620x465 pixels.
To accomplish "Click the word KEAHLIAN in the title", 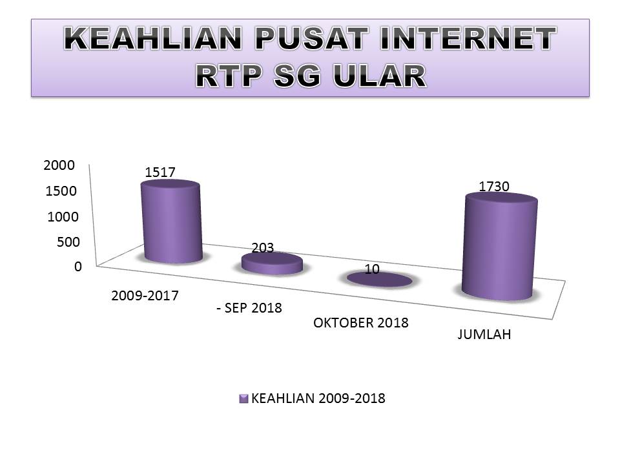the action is [152, 38].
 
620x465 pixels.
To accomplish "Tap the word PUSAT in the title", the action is [311, 38].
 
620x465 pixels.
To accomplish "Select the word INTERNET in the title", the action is [468, 38].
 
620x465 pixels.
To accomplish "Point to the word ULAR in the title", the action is [380, 76].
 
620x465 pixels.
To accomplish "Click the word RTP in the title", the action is [229, 76].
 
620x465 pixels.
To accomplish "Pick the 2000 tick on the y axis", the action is [59, 165].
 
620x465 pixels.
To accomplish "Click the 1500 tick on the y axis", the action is [61, 191].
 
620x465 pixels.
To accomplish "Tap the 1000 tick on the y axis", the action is [63, 217].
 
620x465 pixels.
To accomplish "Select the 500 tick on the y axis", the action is [68, 242].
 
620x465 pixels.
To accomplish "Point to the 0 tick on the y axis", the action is [78, 267].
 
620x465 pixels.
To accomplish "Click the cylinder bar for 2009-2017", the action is [172, 222].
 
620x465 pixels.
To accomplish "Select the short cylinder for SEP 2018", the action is [272, 263].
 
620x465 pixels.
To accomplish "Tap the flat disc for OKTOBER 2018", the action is [380, 280].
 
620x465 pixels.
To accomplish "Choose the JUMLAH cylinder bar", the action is [500, 246].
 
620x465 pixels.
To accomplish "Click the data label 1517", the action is [160, 172].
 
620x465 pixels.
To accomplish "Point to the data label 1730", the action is [494, 186].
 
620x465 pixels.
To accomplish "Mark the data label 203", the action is [263, 247].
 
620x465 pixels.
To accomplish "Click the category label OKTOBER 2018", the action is [360, 323].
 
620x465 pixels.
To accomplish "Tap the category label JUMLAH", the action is [484, 335].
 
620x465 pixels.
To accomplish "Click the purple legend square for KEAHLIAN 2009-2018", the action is [243, 398].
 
